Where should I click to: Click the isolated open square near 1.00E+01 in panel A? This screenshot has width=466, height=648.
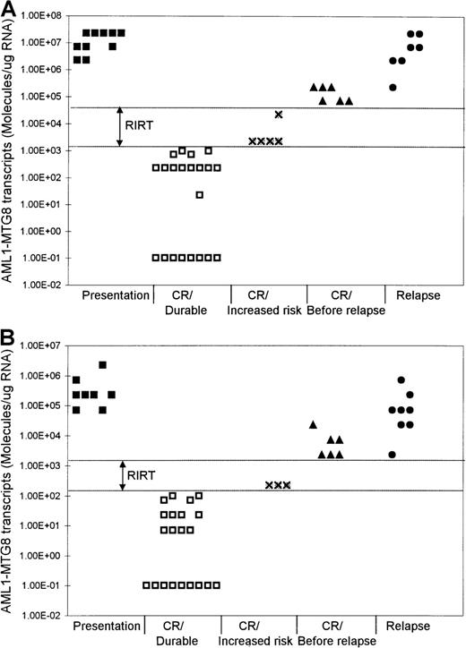point(200,194)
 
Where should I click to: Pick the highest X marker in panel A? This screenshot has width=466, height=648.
point(279,115)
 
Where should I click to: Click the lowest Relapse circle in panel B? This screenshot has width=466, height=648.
point(392,455)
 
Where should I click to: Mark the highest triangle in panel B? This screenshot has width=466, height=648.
point(313,424)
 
